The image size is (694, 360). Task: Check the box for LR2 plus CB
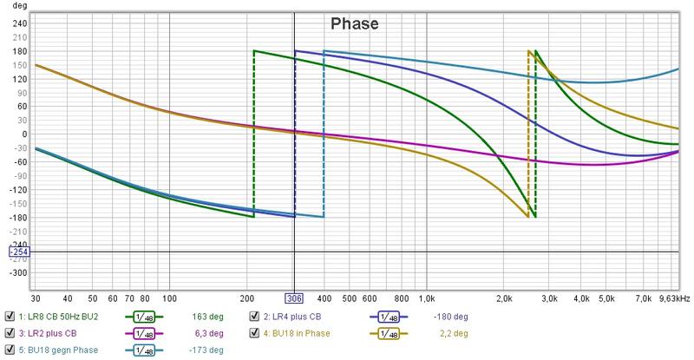10,333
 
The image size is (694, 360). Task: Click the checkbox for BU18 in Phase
255,333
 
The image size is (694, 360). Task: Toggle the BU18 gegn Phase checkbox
10,350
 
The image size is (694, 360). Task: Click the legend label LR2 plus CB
51,333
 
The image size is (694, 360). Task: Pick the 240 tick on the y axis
17,23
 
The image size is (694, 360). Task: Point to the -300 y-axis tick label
16,272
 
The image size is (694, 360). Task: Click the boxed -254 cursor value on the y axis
17,252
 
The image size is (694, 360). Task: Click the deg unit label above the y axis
9,6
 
